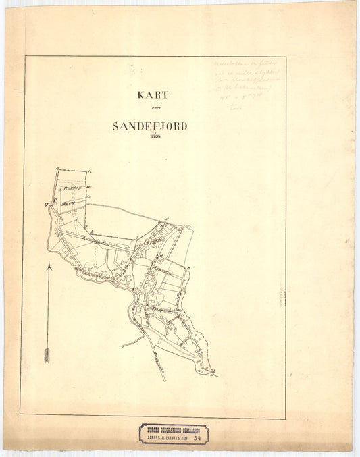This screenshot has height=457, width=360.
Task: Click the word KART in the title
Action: (x=152, y=95)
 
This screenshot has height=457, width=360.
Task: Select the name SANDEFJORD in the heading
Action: (x=150, y=126)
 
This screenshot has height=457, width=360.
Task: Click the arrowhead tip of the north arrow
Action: (x=48, y=265)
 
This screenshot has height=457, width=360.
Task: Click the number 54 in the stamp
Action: (x=197, y=437)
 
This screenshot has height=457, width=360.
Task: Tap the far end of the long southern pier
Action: (x=164, y=380)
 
